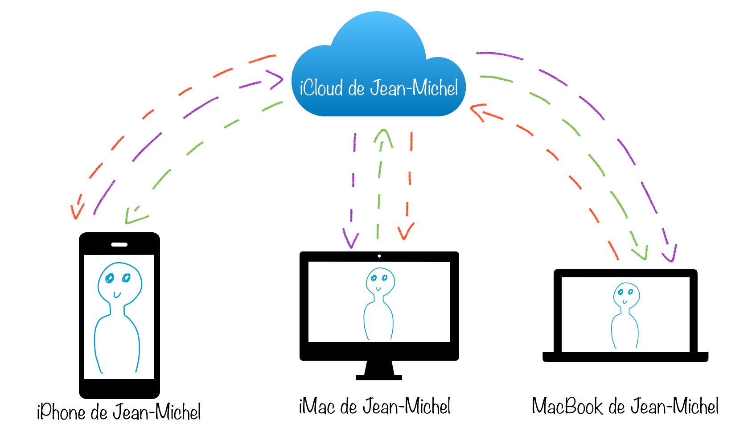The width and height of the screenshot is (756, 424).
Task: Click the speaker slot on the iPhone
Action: [x=119, y=244]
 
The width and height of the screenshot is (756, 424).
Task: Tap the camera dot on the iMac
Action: [x=379, y=256]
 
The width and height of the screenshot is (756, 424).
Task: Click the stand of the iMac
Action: [x=379, y=370]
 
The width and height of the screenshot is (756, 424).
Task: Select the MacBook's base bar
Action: [x=625, y=357]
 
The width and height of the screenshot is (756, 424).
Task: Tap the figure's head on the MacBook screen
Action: [x=626, y=294]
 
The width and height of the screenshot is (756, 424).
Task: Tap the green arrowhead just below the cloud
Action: [x=383, y=136]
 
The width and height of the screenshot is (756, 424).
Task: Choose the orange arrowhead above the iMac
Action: [x=405, y=232]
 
